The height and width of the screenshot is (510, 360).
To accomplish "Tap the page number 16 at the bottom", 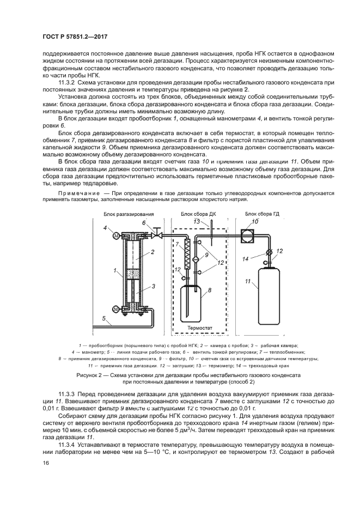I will (45, 463).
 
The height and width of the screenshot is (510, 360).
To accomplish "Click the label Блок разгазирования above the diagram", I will (129, 214).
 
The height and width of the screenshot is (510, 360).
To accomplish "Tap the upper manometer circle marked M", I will (115, 235).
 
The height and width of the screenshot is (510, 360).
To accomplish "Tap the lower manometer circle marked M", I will (115, 309).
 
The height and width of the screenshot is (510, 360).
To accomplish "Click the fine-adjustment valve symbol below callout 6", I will (156, 235).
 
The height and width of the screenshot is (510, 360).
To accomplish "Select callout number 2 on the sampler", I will (153, 252).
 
